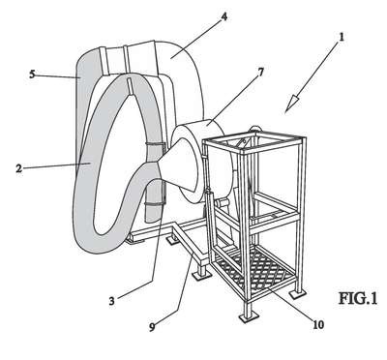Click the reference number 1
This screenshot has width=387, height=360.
tap(342, 37)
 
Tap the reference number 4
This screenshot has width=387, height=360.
tap(223, 16)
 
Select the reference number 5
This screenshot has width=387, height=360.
tap(32, 75)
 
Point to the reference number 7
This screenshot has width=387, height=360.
tap(261, 72)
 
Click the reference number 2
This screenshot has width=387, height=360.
tap(19, 168)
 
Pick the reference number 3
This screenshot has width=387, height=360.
tap(111, 301)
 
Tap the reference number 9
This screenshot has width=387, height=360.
tap(152, 326)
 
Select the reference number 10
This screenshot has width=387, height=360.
tap(318, 324)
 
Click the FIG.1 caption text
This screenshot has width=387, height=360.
tap(358, 298)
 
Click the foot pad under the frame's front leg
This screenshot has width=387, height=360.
tap(249, 317)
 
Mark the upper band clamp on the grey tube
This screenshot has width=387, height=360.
tap(156, 144)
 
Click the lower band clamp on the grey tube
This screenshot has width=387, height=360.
tap(154, 203)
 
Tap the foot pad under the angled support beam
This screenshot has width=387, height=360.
tap(201, 275)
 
